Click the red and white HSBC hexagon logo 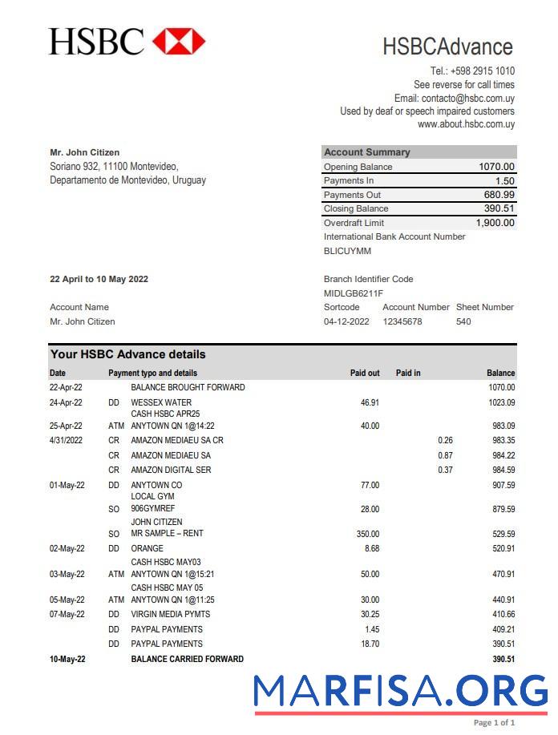(x=179, y=41)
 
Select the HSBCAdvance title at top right (x=447, y=46)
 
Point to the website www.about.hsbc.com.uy (x=466, y=124)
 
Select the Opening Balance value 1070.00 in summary (x=496, y=167)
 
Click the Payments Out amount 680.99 (x=499, y=195)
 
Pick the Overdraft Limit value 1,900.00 (x=495, y=223)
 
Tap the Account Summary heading (x=366, y=152)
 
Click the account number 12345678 (x=402, y=321)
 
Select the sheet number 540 (x=463, y=321)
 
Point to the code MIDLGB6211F (x=354, y=293)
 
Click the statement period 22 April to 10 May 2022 (x=99, y=279)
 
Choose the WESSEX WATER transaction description (x=161, y=402)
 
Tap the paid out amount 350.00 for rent (x=368, y=534)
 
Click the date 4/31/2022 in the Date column (x=67, y=440)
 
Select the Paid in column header (x=408, y=373)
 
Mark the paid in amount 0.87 (x=445, y=455)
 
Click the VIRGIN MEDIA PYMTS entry (x=172, y=615)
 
